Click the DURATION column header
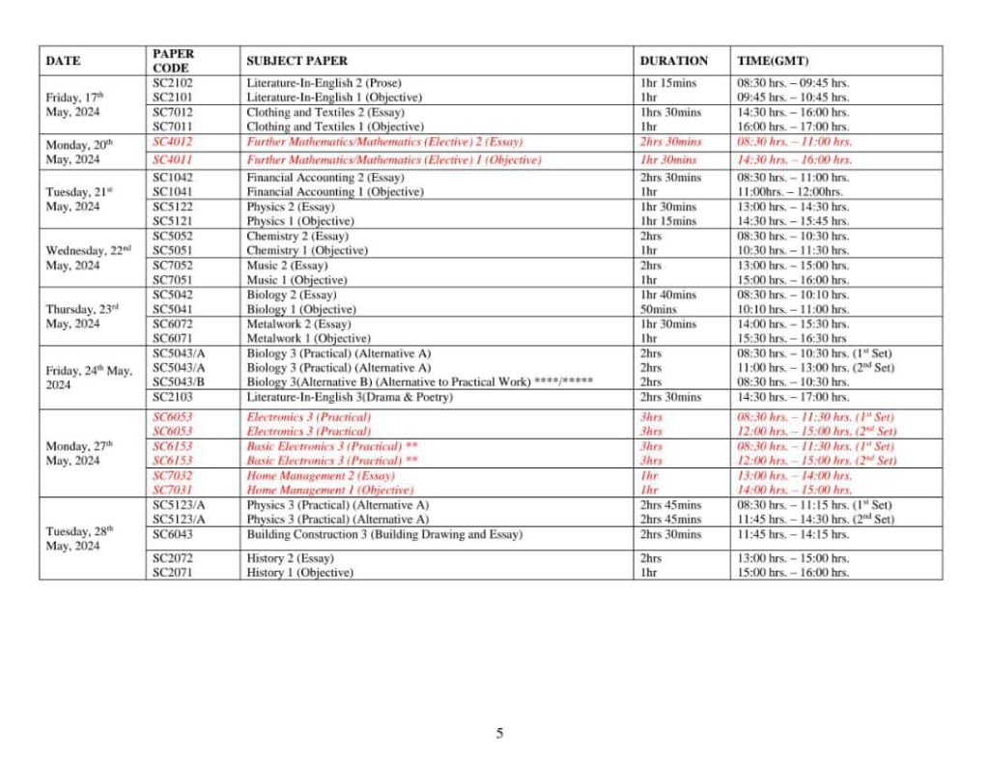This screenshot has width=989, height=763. tap(673, 61)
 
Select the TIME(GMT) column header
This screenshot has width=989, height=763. tap(773, 61)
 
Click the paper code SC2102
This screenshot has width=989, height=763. tap(174, 83)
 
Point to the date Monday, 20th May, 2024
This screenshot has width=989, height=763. tap(79, 151)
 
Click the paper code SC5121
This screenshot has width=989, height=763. tap(174, 221)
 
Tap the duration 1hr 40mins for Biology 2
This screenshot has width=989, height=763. tap(667, 295)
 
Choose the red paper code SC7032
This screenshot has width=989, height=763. tap(174, 476)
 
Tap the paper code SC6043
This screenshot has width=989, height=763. tap(174, 534)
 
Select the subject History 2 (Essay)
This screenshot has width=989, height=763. tap(290, 558)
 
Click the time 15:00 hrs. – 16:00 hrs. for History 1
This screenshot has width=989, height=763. tap(793, 573)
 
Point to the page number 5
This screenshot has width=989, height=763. tap(499, 733)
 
